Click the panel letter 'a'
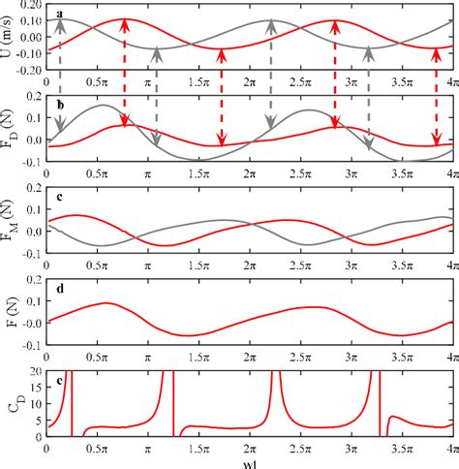[x=60, y=13]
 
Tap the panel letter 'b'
[x=60, y=104]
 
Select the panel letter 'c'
[x=60, y=199]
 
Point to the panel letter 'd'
[x=60, y=288]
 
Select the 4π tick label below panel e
[x=447, y=450]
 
